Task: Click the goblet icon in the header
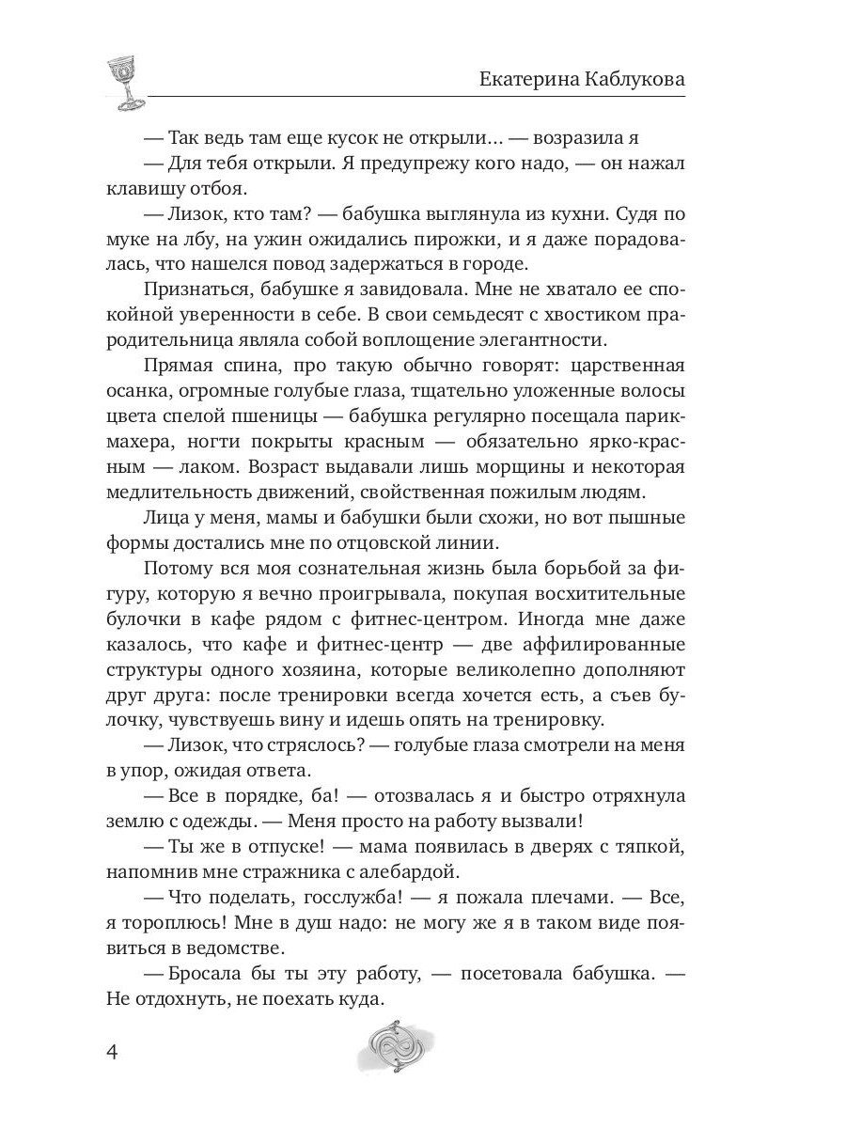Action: tap(124, 81)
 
